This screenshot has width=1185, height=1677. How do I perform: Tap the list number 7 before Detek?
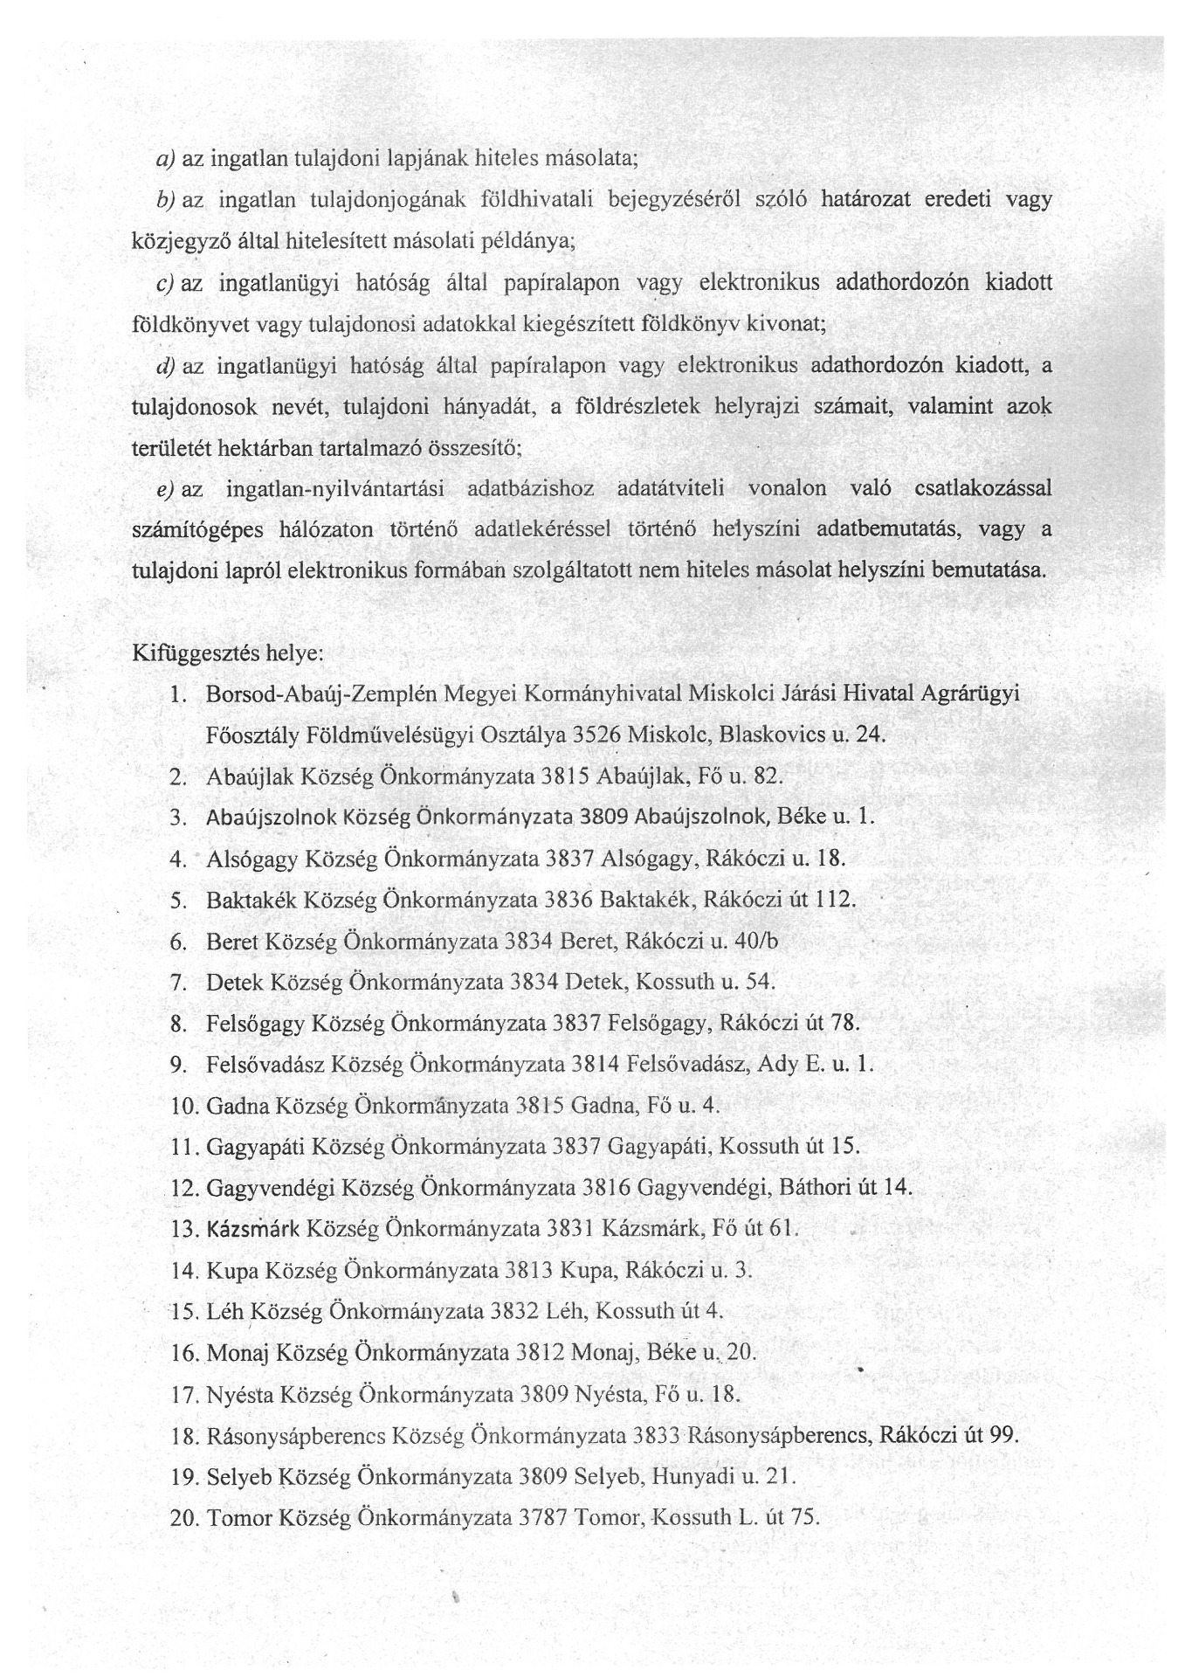click(179, 982)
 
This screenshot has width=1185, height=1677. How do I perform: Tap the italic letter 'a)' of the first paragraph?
click(166, 159)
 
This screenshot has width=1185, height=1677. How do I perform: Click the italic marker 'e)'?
click(166, 489)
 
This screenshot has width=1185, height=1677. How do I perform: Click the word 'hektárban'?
click(272, 449)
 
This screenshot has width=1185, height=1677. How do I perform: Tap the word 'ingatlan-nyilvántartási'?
click(334, 489)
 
